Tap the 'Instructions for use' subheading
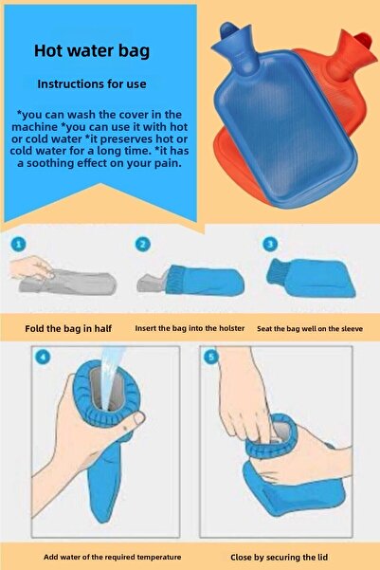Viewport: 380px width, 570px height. pyautogui.click(x=93, y=83)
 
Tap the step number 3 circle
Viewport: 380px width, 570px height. pyautogui.click(x=270, y=245)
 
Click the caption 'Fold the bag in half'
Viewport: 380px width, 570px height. pyautogui.click(x=68, y=329)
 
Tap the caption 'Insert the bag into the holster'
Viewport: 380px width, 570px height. pyautogui.click(x=190, y=329)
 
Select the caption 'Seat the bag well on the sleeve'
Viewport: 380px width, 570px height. pyautogui.click(x=311, y=329)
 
